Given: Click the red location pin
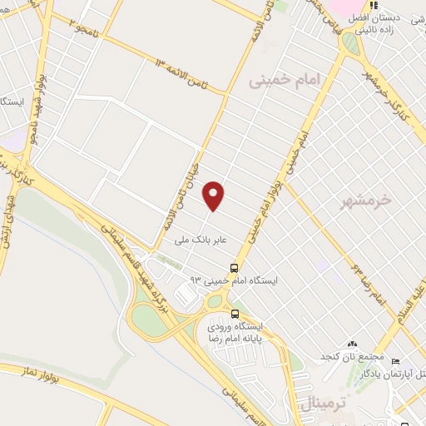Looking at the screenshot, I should point(215,195).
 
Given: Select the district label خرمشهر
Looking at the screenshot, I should point(366,201).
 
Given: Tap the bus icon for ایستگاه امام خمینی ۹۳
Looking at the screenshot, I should point(235,269).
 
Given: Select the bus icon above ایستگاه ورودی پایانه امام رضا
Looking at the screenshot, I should point(235,314).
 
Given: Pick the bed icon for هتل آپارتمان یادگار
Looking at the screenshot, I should point(394,362).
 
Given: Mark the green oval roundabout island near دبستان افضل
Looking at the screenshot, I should point(351,44).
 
